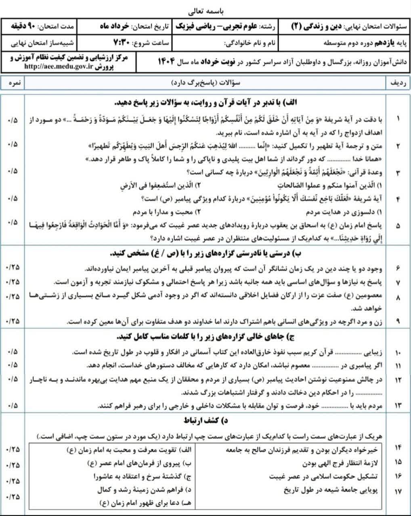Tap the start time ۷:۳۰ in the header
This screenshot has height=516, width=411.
(121, 42)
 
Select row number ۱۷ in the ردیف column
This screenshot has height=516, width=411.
(398, 491)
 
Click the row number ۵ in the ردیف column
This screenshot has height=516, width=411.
(398, 226)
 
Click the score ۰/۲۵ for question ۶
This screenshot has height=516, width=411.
(13, 268)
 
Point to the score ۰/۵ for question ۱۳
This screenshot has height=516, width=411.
(13, 405)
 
